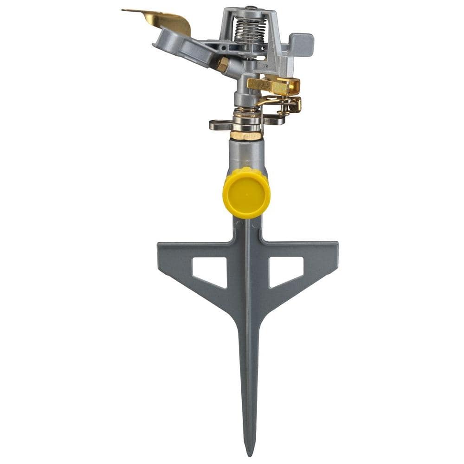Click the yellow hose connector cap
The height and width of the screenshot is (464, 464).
point(246,193)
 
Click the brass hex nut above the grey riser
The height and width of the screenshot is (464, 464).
point(245,135)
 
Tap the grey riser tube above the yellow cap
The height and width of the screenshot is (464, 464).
point(246,153)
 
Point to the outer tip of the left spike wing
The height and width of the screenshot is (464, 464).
point(160,248)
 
